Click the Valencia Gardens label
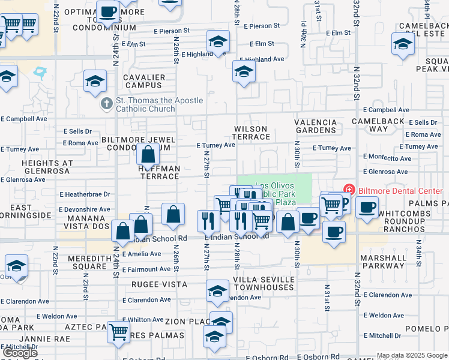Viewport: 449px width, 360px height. pos(316,126)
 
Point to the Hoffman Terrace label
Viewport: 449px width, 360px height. pos(160,172)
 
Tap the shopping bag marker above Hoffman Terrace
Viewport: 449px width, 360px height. pos(148,155)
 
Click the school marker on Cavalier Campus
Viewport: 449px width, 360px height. pos(95,82)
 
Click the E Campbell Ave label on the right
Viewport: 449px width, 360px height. pos(386,110)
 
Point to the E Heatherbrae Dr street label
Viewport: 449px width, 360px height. pos(85,194)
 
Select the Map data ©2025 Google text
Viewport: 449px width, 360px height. pos(412,355)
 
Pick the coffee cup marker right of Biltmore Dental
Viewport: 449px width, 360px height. pos(367,208)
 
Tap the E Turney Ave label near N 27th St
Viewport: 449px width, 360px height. pos(215,145)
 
